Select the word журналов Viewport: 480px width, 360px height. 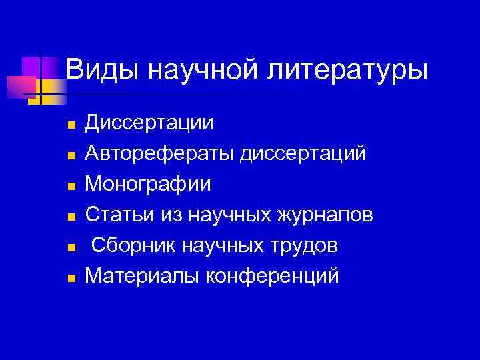pyautogui.click(x=327, y=215)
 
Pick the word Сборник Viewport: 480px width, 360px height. pyautogui.click(x=129, y=245)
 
